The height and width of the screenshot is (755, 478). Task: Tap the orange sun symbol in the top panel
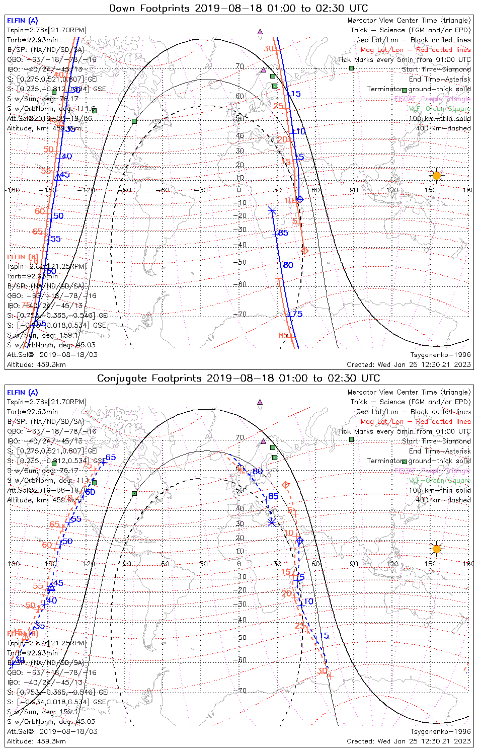(x=436, y=175)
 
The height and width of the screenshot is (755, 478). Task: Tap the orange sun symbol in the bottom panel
(x=436, y=549)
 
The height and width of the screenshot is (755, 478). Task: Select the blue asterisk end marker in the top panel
(x=272, y=210)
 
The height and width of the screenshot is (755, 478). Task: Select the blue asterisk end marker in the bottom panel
(x=272, y=522)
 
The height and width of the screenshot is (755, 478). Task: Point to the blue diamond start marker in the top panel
(x=300, y=199)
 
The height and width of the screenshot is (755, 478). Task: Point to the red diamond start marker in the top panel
(x=304, y=250)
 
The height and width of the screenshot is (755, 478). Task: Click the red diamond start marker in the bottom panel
(x=286, y=484)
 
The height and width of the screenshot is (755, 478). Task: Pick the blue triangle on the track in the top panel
(x=58, y=177)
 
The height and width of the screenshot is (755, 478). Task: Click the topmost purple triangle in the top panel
(x=260, y=31)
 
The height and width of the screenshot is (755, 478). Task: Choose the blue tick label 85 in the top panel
(x=283, y=233)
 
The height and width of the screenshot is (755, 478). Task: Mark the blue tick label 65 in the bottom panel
(x=111, y=458)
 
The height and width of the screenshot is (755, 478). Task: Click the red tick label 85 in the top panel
(x=283, y=336)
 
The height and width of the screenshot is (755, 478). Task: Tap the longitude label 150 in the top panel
(x=430, y=190)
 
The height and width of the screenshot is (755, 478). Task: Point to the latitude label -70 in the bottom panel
(x=242, y=690)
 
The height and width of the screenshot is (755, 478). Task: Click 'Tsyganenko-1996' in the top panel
(x=440, y=354)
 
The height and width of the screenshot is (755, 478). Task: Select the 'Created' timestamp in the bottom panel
(x=409, y=741)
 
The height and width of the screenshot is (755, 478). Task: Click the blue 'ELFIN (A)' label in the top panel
(x=22, y=21)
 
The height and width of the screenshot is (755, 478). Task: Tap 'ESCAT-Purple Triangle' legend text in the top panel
(x=433, y=99)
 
